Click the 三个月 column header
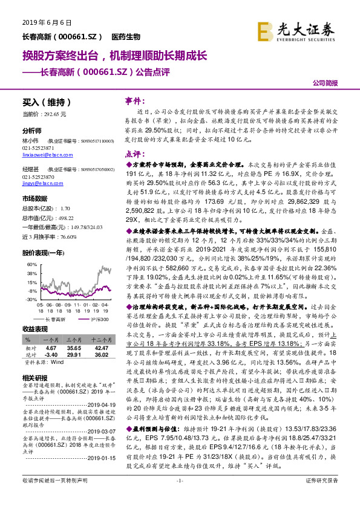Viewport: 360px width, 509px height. [x=74, y=324]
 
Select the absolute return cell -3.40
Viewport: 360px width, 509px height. [x=50, y=339]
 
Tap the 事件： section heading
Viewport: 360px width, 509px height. [x=133, y=101]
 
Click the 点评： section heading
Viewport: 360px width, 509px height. [x=133, y=155]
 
